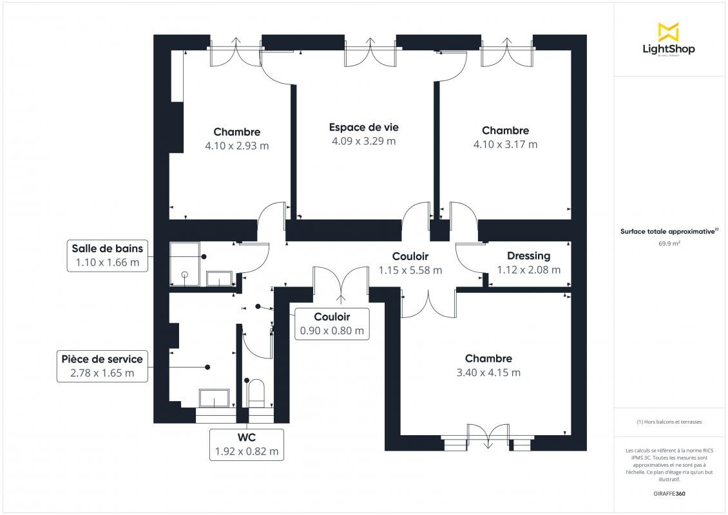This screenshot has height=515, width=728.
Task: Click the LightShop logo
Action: (669, 40)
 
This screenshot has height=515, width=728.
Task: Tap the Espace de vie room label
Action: (363, 127)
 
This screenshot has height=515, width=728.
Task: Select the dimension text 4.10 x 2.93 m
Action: (237, 145)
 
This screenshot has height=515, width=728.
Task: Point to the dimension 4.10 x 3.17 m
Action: (505, 144)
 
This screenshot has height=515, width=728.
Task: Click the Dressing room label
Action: (528, 256)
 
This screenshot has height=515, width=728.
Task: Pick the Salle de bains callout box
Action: (107, 255)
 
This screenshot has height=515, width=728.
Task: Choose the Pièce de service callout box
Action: (102, 366)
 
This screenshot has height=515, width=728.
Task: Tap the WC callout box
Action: (247, 444)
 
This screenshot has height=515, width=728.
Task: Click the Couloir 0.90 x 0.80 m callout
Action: (332, 324)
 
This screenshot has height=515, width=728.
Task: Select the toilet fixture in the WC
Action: (256, 393)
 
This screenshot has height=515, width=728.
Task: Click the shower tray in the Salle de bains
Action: (185, 263)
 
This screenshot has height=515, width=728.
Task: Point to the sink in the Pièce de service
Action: (214, 398)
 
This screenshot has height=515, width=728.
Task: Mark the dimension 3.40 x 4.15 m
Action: (488, 373)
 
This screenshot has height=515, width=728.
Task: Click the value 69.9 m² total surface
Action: (669, 243)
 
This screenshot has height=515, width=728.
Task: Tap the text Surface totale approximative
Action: (667, 232)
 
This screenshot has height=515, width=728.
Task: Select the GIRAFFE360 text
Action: (669, 494)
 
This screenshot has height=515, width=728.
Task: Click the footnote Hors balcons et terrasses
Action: (669, 422)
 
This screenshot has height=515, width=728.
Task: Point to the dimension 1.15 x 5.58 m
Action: (410, 270)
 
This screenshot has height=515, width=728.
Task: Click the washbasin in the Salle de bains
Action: (219, 279)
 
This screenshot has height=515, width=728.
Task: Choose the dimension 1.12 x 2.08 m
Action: (528, 270)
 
